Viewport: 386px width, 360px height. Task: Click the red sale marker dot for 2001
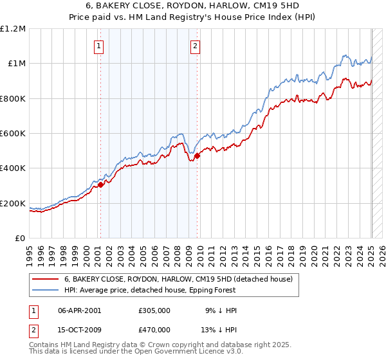pyautogui.click(x=100, y=185)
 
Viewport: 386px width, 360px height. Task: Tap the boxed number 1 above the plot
pyautogui.click(x=99, y=46)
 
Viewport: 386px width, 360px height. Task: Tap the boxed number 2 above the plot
pyautogui.click(x=195, y=46)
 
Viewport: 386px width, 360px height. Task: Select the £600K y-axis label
pyautogui.click(x=13, y=134)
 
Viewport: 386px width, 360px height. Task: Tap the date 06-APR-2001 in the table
pyautogui.click(x=80, y=310)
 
